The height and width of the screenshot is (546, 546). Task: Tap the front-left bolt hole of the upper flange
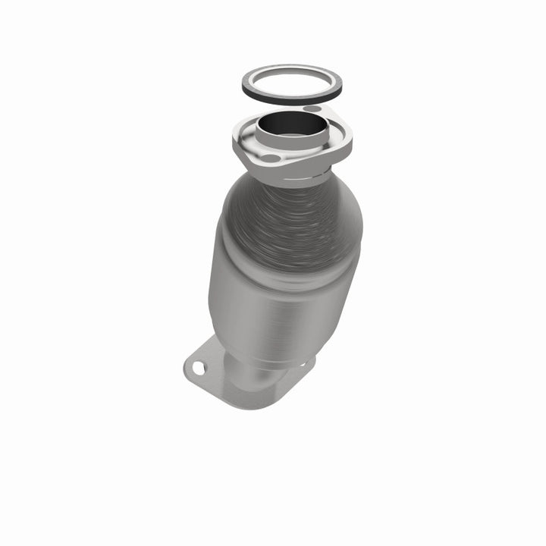click(x=270, y=158)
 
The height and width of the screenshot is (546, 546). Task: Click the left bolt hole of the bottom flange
click(x=199, y=369)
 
